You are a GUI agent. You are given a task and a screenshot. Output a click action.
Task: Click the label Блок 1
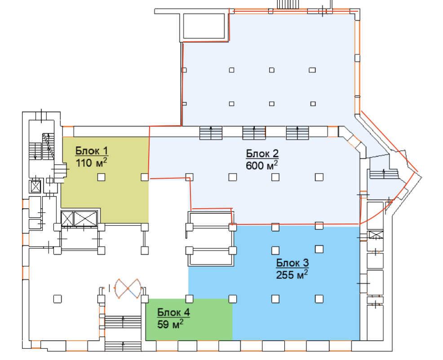92,151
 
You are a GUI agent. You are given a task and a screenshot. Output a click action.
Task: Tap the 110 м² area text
91,162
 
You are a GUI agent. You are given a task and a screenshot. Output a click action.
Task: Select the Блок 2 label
262,154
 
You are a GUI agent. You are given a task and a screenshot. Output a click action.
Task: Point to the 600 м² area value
261,165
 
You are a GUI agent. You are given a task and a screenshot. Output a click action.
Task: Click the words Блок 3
292,263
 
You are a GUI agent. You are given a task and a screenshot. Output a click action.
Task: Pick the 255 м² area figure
292,274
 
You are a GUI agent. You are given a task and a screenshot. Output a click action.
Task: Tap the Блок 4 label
173,312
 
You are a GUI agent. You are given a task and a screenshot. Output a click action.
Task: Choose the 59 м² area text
170,324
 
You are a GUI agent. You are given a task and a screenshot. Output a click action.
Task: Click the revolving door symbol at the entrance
128,288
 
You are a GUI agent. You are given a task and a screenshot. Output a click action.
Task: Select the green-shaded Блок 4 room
189,319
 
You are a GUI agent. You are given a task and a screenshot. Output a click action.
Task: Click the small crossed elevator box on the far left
35,187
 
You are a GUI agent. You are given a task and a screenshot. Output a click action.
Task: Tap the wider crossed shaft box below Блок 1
85,219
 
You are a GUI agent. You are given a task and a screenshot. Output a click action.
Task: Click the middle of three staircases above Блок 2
254,133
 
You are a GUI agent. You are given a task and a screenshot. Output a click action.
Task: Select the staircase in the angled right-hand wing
384,174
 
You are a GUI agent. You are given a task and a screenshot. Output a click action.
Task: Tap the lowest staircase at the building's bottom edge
123,346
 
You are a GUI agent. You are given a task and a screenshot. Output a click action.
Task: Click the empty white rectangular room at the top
204,26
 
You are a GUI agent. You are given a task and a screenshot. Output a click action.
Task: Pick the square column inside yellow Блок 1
101,177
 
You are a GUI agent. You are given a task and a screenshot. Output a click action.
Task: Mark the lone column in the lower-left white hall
58,299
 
